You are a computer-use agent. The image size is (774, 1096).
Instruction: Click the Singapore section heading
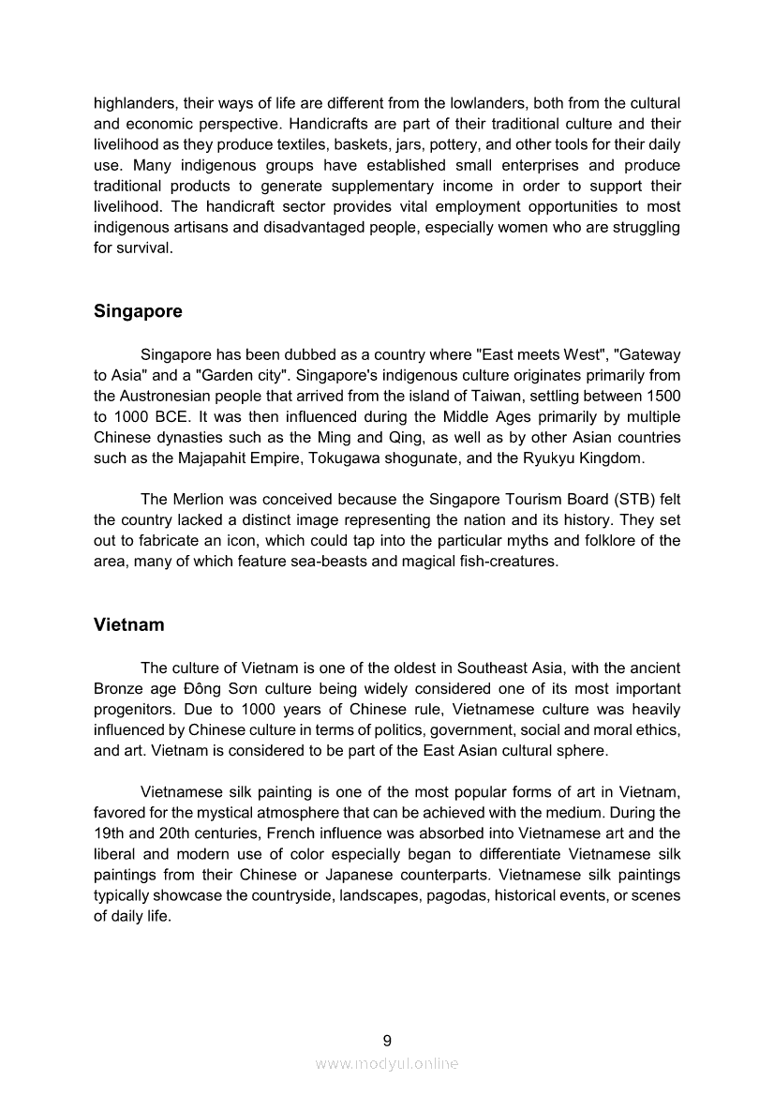click(x=138, y=311)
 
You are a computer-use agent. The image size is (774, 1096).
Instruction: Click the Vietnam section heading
click(x=129, y=624)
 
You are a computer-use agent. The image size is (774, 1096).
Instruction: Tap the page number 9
click(x=387, y=1040)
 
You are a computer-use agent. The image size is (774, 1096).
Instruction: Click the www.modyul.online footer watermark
click(x=387, y=1063)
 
